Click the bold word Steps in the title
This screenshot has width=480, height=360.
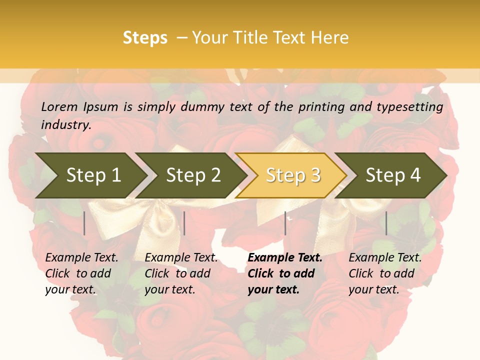[145, 38]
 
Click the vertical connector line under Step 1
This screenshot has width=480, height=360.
[84, 223]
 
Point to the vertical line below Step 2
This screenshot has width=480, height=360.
[184, 223]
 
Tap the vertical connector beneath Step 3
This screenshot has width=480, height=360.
[285, 223]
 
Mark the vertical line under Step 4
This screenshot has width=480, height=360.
[386, 223]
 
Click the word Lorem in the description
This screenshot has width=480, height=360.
[59, 106]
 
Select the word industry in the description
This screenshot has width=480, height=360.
[66, 124]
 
